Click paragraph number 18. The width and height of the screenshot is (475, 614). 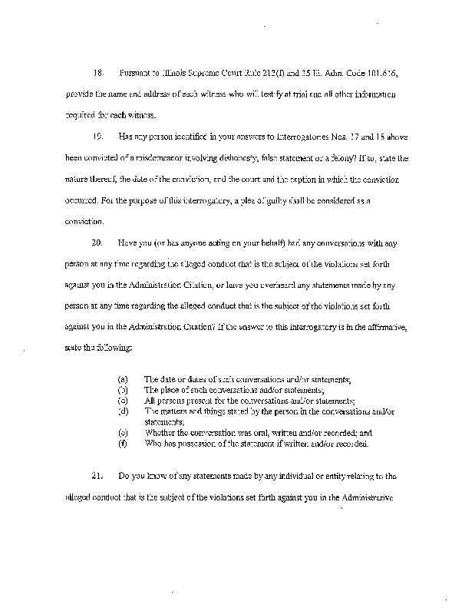click(97, 73)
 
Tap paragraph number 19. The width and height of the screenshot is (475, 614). click(97, 136)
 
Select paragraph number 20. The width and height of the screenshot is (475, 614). click(97, 243)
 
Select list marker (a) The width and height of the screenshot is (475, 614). click(121, 380)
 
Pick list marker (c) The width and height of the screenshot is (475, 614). click(121, 401)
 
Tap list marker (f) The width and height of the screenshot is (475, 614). click(121, 444)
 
